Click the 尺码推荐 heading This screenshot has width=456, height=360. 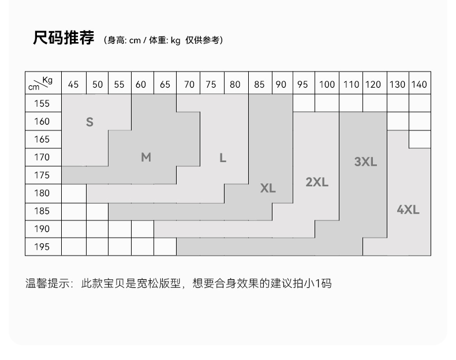(63, 39)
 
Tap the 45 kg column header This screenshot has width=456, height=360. (73, 84)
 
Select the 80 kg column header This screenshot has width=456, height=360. (235, 84)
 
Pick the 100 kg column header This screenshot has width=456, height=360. (327, 84)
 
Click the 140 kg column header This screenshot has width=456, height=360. (419, 84)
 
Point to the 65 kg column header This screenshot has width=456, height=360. (165, 84)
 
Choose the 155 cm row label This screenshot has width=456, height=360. (42, 104)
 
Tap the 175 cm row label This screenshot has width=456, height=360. (42, 175)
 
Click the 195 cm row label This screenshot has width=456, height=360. (42, 247)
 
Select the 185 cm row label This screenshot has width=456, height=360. (42, 211)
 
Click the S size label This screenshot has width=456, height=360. (89, 122)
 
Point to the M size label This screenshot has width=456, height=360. (146, 157)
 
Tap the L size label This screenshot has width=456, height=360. (223, 157)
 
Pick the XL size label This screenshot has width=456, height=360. (268, 189)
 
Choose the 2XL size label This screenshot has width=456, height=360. (317, 182)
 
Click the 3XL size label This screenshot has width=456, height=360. (365, 162)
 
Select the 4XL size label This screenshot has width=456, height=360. (408, 210)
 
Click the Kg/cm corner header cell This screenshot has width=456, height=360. (42, 84)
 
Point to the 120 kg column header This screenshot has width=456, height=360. (373, 84)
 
